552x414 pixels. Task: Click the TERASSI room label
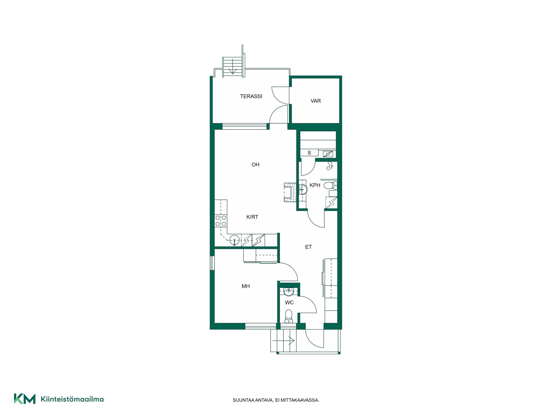pyautogui.click(x=251, y=96)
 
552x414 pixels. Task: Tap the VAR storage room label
pyautogui.click(x=315, y=101)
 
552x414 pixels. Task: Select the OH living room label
pyautogui.click(x=255, y=165)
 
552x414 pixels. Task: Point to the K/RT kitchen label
pyautogui.click(x=252, y=217)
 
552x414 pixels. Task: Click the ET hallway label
pyautogui.click(x=308, y=247)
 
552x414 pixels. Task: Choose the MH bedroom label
pyautogui.click(x=246, y=286)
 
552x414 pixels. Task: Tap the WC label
pyautogui.click(x=289, y=302)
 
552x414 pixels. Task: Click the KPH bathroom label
pyautogui.click(x=315, y=185)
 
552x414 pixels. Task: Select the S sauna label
pyautogui.click(x=309, y=153)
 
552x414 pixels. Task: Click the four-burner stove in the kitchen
pyautogui.click(x=221, y=221)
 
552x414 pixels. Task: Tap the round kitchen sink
pyautogui.click(x=235, y=241)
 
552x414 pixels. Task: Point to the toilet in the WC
pyautogui.click(x=288, y=316)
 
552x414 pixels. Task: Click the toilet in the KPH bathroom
pyautogui.click(x=330, y=185)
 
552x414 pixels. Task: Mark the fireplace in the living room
pyautogui.click(x=290, y=193)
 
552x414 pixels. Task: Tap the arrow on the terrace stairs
pyautogui.click(x=232, y=66)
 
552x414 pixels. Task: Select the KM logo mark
pyautogui.click(x=25, y=399)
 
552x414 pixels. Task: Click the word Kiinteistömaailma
pyautogui.click(x=72, y=399)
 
